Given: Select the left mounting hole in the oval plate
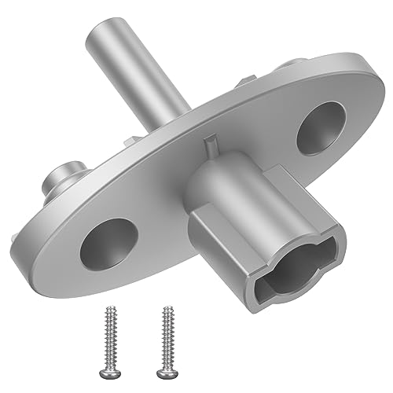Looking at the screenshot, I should click(108, 241).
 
